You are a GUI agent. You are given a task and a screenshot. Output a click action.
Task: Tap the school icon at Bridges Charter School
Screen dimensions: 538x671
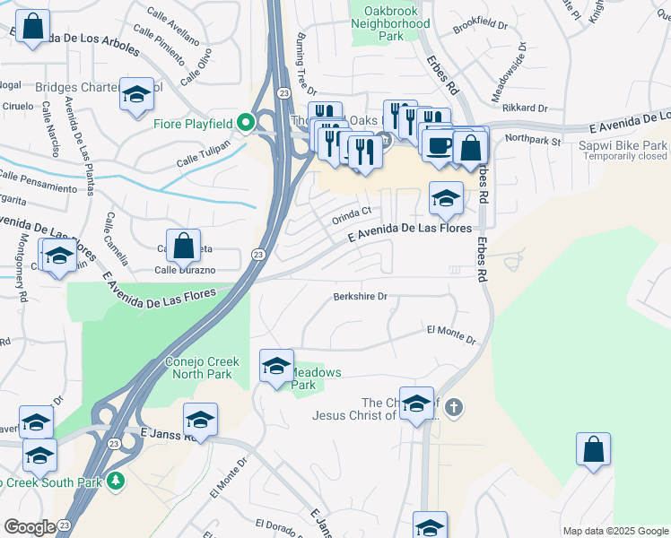tap(136, 96)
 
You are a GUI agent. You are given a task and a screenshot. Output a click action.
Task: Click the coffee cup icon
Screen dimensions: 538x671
tap(438, 145)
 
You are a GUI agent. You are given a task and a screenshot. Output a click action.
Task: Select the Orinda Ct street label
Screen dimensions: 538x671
tap(352, 214)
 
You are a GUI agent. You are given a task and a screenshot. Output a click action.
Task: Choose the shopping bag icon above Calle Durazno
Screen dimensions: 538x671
tap(183, 246)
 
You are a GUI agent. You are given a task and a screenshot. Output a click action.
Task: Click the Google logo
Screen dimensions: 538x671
tap(30, 527)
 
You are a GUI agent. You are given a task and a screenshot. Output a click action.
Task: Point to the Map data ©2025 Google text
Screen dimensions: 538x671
tap(614, 531)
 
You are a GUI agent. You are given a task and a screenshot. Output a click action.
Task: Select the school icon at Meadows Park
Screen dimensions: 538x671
tap(276, 365)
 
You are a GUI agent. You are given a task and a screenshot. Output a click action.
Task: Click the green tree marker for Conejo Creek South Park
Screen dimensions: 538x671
tap(115, 482)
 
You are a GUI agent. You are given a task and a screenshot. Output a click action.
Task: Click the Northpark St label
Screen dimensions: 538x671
tap(532, 140)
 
